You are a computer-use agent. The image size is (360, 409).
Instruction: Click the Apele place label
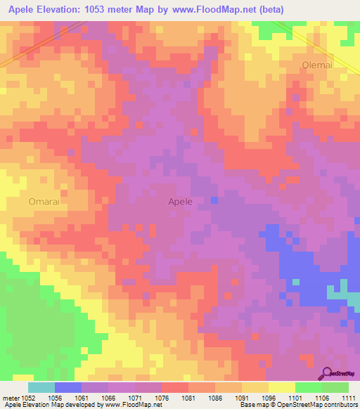click(180, 202)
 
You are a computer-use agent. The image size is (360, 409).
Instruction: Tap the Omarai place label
click(44, 202)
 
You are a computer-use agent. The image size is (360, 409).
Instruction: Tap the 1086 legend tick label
click(216, 397)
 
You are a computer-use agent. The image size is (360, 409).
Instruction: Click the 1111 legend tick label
click(349, 397)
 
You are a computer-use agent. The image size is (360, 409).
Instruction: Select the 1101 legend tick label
click(295, 397)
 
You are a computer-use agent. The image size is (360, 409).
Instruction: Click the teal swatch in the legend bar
click(41, 387)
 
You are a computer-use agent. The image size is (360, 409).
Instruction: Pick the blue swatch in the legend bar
click(68, 387)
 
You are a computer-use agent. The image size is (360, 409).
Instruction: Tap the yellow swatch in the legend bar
click(281, 387)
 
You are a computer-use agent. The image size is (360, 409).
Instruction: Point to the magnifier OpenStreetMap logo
click(328, 373)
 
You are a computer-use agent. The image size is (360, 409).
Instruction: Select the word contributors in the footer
click(337, 405)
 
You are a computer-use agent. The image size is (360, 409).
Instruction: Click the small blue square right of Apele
click(214, 200)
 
